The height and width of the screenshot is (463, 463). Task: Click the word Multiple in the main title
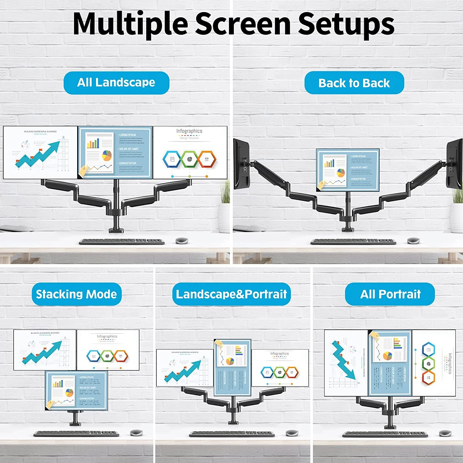(x=130, y=24)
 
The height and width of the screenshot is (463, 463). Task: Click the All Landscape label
(x=116, y=83)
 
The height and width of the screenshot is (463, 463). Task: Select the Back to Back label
(x=354, y=83)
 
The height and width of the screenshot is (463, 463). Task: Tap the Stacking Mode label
(x=77, y=294)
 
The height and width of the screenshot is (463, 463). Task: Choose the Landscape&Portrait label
(x=231, y=294)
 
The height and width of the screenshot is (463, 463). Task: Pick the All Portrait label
(x=390, y=294)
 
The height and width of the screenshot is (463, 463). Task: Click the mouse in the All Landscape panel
(x=182, y=240)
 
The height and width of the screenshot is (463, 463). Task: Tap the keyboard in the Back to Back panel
(x=353, y=241)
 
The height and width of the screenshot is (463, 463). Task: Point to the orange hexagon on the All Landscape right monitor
(x=206, y=159)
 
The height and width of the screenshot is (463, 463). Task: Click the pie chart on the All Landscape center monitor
(x=107, y=155)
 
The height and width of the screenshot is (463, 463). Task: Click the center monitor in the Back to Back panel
(x=348, y=170)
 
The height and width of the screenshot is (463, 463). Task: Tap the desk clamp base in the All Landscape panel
(x=116, y=230)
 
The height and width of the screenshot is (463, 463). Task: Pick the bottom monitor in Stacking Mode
(x=77, y=390)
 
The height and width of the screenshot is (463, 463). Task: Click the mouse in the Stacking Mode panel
(x=136, y=432)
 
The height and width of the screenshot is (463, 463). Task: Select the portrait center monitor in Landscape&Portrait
(x=232, y=367)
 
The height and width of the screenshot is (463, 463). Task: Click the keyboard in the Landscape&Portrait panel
(x=232, y=434)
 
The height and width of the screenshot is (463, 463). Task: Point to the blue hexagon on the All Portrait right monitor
(x=428, y=350)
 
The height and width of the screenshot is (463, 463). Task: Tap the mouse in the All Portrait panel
(x=445, y=433)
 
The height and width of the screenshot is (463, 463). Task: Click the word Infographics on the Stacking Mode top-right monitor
(x=107, y=336)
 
